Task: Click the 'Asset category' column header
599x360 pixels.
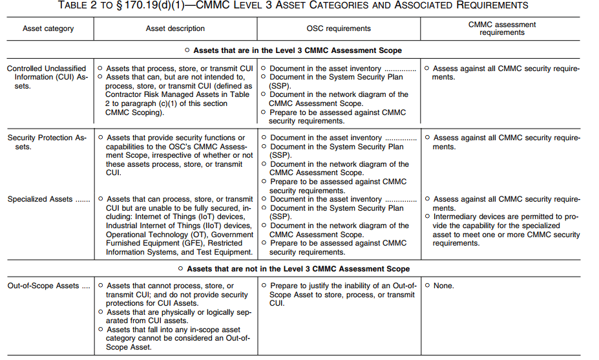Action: click(x=48, y=28)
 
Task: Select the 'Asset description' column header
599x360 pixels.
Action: click(x=175, y=28)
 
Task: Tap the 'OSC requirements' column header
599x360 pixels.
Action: click(x=338, y=28)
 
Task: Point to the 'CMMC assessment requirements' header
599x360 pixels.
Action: click(x=502, y=28)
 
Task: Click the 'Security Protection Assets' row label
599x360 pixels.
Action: click(x=47, y=142)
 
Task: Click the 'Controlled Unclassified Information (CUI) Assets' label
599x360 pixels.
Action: click(x=47, y=77)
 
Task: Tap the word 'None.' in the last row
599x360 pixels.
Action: click(x=443, y=286)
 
